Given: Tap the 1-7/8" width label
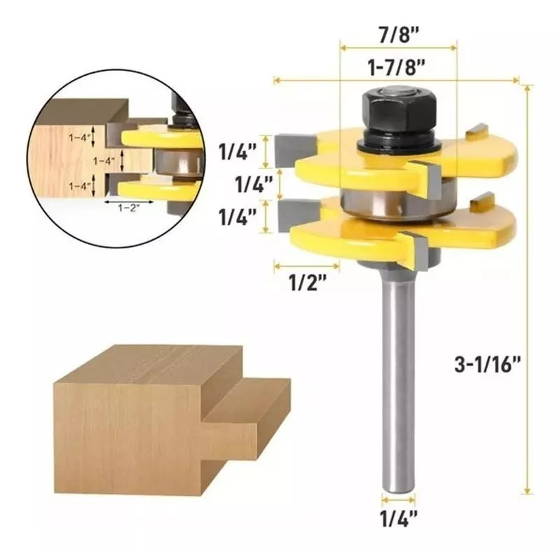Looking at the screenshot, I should (397, 67).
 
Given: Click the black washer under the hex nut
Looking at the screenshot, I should (397, 144).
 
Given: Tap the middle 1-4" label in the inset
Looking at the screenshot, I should (103, 161).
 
